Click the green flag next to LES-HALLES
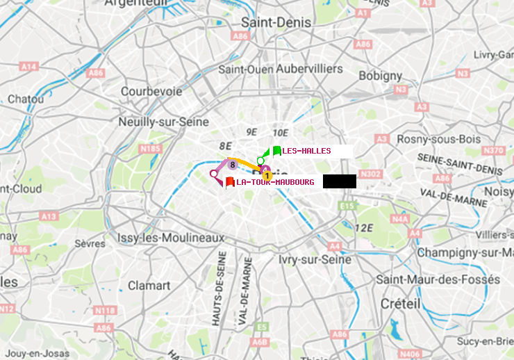click(277, 151)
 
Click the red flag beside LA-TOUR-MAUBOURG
click(230, 182)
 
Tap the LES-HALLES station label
click(306, 151)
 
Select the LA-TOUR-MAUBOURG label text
click(275, 182)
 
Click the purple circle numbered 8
click(232, 164)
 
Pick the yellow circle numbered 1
click(267, 176)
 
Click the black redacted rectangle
click(339, 181)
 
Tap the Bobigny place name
click(380, 75)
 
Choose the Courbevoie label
click(151, 91)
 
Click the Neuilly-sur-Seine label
click(164, 122)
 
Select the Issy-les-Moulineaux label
click(171, 238)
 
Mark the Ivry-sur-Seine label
click(315, 259)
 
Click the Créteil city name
click(400, 304)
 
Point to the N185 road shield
click(150, 148)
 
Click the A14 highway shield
click(28, 66)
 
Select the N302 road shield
click(372, 174)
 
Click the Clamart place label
click(149, 285)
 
